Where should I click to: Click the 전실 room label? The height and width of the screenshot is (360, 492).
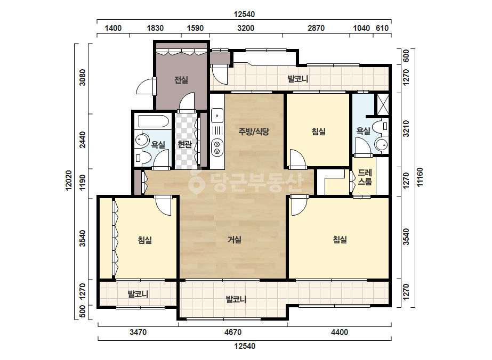click(x=181, y=80)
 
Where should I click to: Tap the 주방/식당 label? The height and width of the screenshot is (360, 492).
click(x=254, y=132)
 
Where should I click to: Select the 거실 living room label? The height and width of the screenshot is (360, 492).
click(x=235, y=240)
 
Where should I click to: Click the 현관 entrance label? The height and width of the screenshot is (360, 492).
click(x=184, y=144)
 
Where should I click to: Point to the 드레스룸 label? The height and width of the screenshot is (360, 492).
click(x=365, y=177)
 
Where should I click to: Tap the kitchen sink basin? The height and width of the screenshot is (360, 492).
click(x=217, y=116)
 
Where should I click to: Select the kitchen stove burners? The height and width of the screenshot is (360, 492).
click(x=217, y=148)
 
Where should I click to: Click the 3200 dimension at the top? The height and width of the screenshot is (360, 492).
click(x=246, y=28)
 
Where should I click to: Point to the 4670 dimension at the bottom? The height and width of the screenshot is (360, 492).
click(x=233, y=332)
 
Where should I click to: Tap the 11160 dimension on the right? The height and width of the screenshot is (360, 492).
click(x=420, y=177)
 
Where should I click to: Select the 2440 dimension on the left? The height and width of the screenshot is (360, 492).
click(x=82, y=140)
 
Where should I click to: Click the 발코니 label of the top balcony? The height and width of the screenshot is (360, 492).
click(x=298, y=79)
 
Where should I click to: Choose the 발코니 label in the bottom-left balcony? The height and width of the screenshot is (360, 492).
click(x=138, y=294)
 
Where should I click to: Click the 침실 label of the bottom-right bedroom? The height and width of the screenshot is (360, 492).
click(x=340, y=240)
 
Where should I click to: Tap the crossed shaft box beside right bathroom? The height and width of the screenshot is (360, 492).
click(x=383, y=104)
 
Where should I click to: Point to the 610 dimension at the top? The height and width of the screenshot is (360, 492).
click(x=382, y=28)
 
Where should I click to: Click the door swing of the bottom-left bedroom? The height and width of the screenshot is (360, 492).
click(x=164, y=206)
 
